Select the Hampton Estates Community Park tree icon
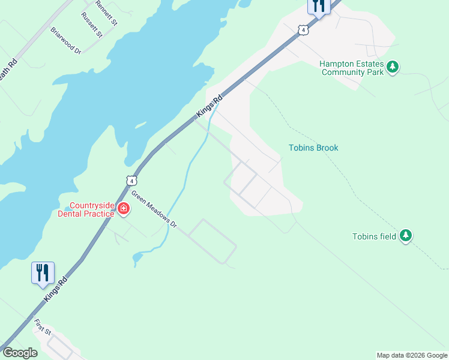[393, 67]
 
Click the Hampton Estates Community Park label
[351, 67]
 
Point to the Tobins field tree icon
[406, 236]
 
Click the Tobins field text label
[374, 236]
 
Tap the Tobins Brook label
[313, 148]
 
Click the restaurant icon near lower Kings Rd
[43, 272]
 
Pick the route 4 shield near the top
[304, 29]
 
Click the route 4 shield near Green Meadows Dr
[131, 180]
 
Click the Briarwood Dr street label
[65, 41]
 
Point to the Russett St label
[91, 25]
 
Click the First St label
[42, 328]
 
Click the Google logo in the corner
[20, 353]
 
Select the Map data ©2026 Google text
[412, 355]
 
